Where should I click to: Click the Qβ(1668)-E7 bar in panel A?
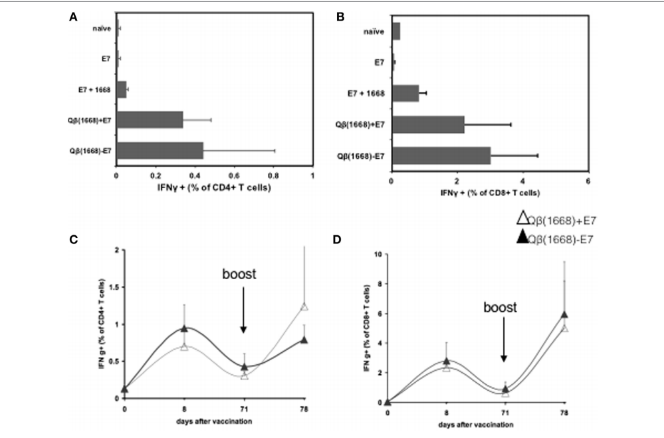(x=160, y=152)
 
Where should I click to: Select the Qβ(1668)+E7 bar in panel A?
(x=150, y=120)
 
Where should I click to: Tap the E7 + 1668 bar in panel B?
(x=405, y=94)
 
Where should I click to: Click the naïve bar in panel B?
(x=396, y=31)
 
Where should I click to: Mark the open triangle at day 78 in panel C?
(x=304, y=306)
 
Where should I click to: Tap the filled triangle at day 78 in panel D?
(x=564, y=315)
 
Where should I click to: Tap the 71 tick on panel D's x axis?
(x=505, y=413)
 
